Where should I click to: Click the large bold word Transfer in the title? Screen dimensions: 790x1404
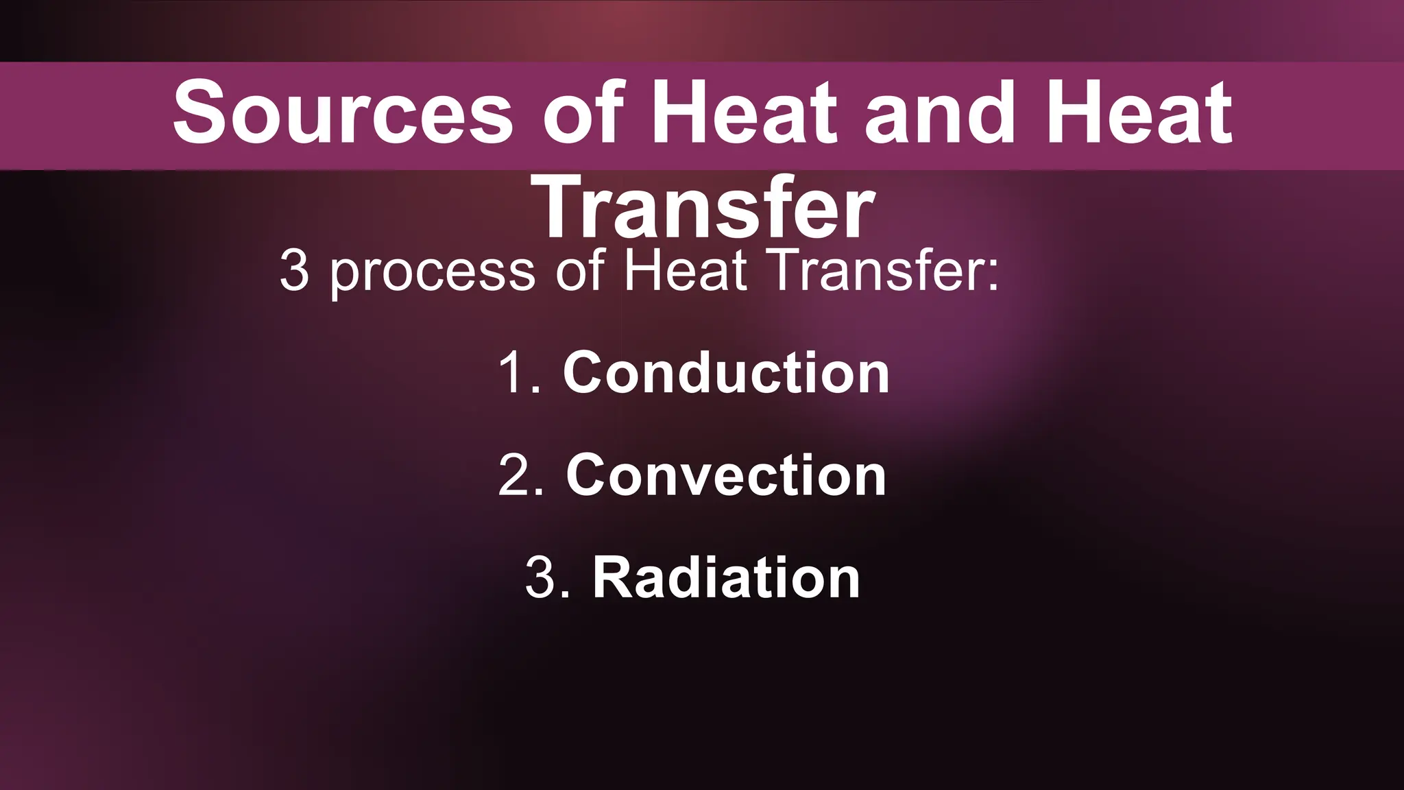coord(706,207)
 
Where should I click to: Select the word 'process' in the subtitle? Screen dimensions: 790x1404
coord(432,272)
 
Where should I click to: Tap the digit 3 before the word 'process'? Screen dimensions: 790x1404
coord(294,272)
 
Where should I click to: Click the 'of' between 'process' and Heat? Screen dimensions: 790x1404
coord(579,270)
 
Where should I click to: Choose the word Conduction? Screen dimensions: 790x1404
coord(726,373)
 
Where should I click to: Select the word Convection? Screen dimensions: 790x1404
coord(726,475)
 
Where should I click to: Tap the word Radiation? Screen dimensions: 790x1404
coord(726,578)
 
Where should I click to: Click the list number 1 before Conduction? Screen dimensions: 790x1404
coord(513,373)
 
